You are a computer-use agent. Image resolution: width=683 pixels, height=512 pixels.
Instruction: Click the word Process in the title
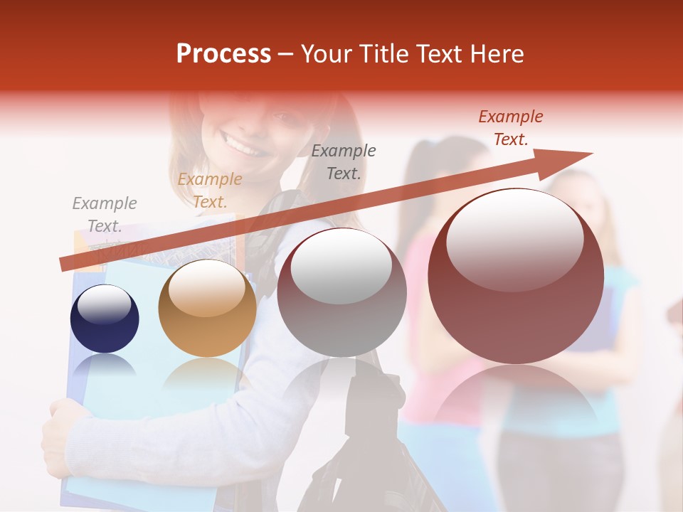pyautogui.click(x=223, y=54)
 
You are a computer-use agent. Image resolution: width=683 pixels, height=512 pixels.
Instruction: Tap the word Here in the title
pyautogui.click(x=496, y=54)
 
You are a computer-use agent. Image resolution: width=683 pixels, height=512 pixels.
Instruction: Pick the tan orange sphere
pyautogui.click(x=207, y=309)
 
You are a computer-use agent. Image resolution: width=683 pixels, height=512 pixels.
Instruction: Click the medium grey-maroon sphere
pyautogui.click(x=341, y=292)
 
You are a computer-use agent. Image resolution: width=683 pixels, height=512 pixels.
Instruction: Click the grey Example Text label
pyautogui.click(x=105, y=215)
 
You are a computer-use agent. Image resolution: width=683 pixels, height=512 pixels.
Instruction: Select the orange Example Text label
pyautogui.click(x=210, y=191)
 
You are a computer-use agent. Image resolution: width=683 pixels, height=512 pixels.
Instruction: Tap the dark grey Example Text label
pyautogui.click(x=344, y=161)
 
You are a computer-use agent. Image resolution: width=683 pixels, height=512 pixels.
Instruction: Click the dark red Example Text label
pyautogui.click(x=511, y=128)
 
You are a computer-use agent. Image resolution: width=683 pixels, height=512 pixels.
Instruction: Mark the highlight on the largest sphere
pyautogui.click(x=515, y=239)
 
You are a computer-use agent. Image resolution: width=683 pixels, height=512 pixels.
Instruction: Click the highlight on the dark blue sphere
pyautogui.click(x=104, y=304)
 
